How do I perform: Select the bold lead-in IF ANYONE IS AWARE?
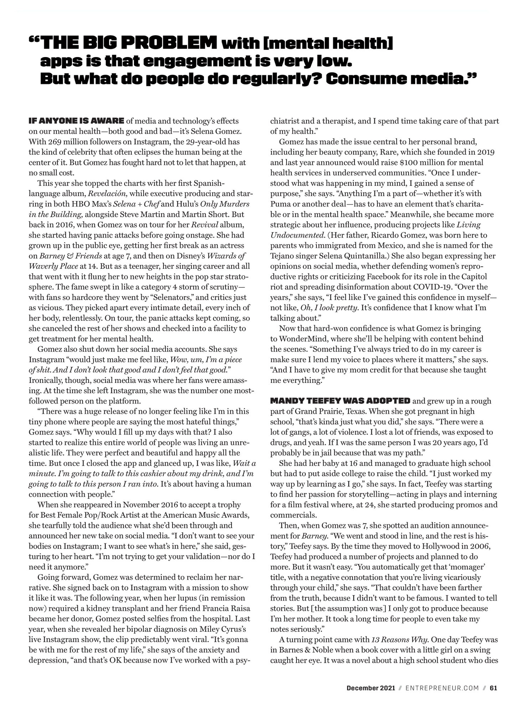click(x=76, y=121)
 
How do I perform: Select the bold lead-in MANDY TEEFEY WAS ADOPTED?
click(x=340, y=401)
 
